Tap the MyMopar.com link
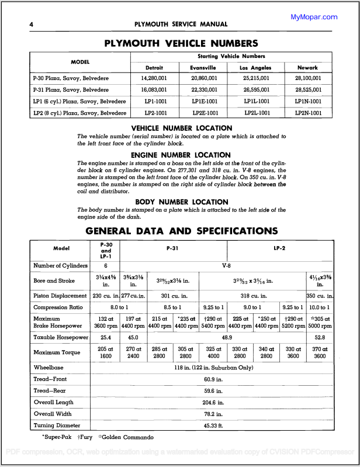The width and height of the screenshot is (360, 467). point(314,17)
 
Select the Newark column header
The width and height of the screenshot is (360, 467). point(308,68)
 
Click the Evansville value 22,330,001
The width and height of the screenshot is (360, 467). point(204,90)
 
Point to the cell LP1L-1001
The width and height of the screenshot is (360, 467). point(255,101)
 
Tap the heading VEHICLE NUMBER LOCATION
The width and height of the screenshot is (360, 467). point(181,128)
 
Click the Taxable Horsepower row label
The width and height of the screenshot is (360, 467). point(61,337)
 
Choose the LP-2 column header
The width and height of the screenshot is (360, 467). point(279,248)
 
